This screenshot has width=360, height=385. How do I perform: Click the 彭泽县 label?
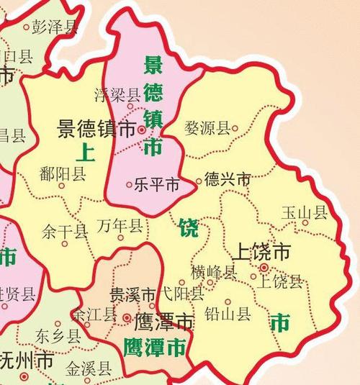(x=55, y=27)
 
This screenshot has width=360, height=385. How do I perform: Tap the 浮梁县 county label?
(x=118, y=94)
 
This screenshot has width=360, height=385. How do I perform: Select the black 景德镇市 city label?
(x=96, y=130)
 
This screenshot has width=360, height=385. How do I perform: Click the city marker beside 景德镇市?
(x=142, y=130)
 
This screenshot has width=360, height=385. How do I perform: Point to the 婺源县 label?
(x=207, y=129)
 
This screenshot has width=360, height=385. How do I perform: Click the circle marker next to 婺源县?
(x=235, y=129)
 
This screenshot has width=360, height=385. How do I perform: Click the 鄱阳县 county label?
(x=63, y=173)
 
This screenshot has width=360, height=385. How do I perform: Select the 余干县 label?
(x=65, y=232)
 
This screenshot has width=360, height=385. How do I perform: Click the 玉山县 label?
(x=305, y=212)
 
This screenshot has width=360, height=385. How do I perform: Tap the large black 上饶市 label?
(x=262, y=251)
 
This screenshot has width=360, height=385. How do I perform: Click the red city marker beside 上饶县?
(x=264, y=268)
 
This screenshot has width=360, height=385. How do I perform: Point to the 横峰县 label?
(x=214, y=272)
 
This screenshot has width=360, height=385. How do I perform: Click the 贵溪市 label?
(x=132, y=295)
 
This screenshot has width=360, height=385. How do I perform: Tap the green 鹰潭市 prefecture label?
(x=154, y=348)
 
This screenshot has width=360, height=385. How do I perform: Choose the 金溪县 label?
(x=89, y=371)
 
